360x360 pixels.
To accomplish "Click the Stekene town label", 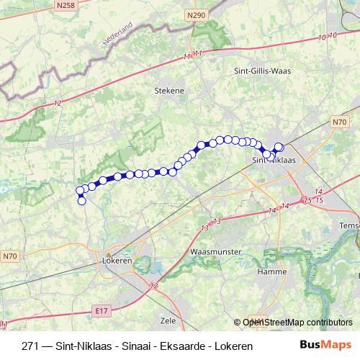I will point(170,91).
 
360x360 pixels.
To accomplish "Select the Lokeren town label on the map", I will point(117,260).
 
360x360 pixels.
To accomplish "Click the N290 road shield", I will point(194,15).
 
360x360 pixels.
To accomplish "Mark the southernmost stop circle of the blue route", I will point(81,201).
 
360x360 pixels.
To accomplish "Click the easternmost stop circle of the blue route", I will point(279,148).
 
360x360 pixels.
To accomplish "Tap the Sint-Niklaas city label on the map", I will point(276,161).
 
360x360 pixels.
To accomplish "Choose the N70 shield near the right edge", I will point(340,123).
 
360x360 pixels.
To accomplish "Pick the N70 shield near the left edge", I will point(9,256).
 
